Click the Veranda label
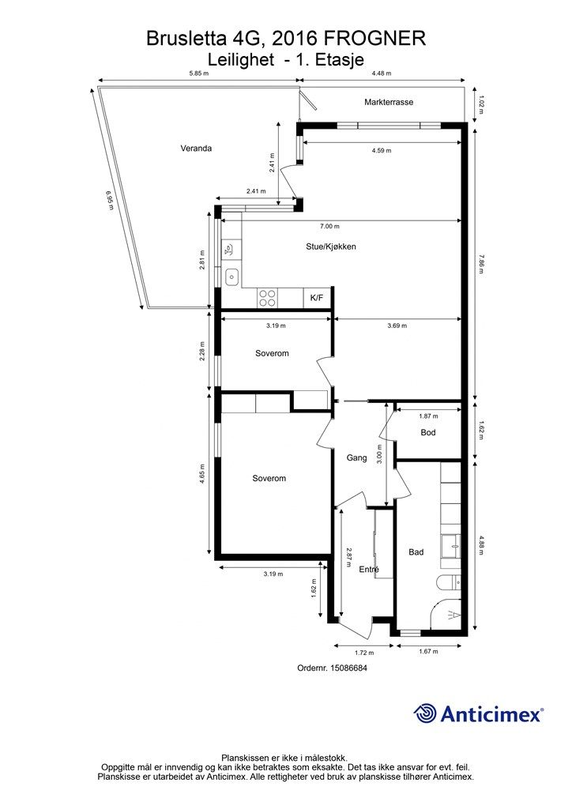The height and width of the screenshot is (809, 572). click(196, 149)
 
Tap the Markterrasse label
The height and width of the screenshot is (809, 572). click(389, 102)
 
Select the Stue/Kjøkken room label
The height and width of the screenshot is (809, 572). click(330, 246)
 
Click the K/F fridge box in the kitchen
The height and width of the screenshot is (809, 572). click(317, 298)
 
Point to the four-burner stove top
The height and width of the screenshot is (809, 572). click(268, 298)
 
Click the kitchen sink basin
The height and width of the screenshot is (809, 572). click(232, 277)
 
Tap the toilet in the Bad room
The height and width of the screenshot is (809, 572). click(449, 581)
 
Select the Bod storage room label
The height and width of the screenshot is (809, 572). click(428, 432)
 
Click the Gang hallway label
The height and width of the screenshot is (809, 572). click(356, 457)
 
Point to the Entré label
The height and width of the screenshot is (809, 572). click(369, 569)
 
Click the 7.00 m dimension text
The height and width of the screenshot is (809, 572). click(329, 226)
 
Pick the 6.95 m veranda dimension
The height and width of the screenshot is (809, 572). click(109, 200)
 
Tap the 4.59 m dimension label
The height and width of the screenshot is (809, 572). click(381, 151)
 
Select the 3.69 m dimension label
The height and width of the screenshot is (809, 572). click(397, 325)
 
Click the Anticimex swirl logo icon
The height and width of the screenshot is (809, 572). click(425, 714)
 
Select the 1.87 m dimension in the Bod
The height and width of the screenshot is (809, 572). click(428, 416)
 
